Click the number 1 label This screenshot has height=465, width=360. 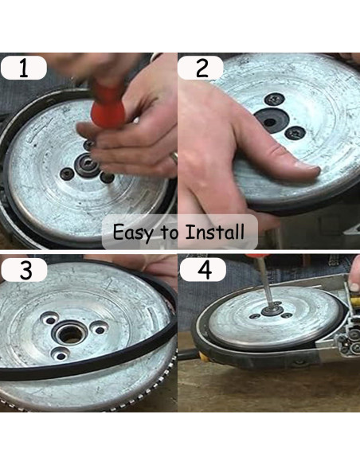24,68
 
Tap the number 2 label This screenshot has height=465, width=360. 202,68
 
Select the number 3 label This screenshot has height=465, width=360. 25,270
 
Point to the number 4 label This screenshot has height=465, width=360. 204,270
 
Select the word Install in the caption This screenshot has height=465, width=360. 215,232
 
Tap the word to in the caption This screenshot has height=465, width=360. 170,233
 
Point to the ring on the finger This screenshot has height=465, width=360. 174,158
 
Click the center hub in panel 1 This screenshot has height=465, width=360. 86,165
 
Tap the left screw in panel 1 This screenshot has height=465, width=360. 67,174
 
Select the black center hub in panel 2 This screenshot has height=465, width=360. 272,121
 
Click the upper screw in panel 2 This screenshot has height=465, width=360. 275,100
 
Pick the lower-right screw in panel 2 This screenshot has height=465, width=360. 295,132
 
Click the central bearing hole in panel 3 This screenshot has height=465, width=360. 69,334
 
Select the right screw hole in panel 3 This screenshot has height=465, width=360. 99,329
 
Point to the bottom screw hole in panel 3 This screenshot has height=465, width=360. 61,354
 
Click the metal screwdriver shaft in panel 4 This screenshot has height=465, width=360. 266,283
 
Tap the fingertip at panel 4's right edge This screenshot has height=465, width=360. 354,285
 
